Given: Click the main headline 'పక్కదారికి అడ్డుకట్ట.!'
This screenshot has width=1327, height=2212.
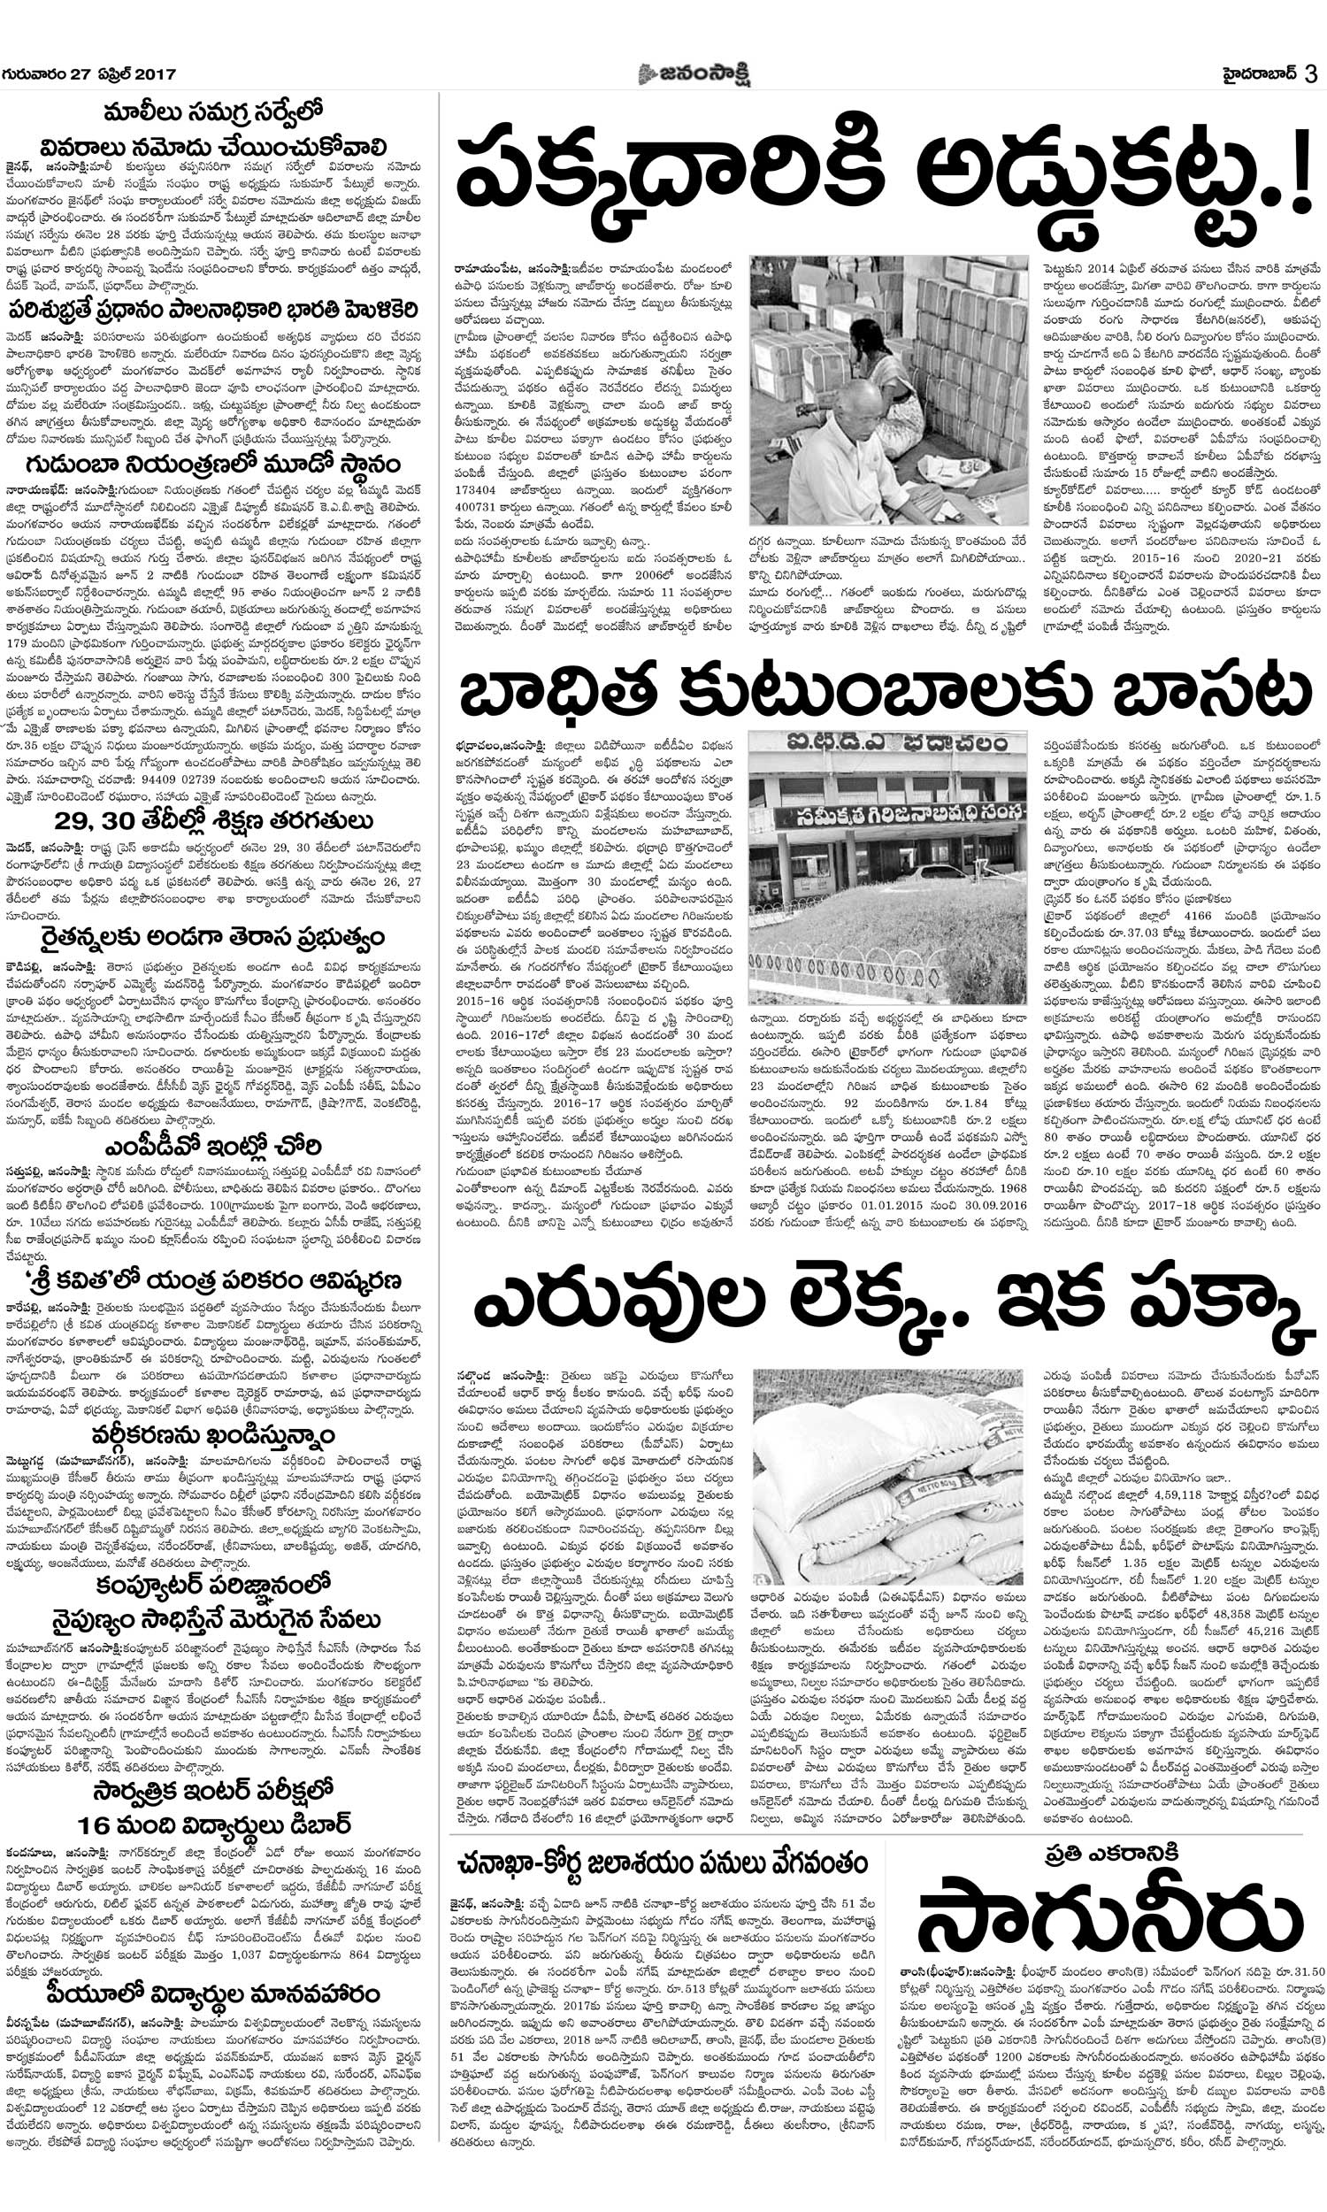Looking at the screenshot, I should click(881, 174).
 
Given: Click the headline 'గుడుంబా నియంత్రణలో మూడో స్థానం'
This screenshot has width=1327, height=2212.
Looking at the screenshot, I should click(213, 465).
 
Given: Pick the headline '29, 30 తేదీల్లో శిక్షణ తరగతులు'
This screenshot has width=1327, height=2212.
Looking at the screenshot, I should click(213, 821).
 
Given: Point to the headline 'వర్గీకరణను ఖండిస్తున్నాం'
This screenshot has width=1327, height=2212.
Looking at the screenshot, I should click(213, 1436).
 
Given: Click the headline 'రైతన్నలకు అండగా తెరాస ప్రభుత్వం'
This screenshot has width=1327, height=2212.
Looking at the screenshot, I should click(213, 938).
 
